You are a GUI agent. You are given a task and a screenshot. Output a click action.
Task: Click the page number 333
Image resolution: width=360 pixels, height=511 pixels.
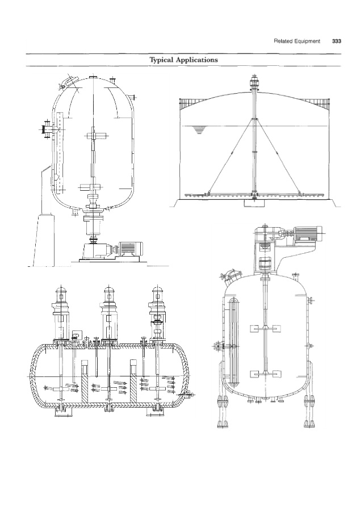[x=337, y=41]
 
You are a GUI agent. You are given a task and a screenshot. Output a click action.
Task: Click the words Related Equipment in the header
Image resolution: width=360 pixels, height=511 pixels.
[x=297, y=41]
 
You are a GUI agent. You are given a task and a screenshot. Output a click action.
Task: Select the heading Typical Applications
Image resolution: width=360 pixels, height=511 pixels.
[x=183, y=60]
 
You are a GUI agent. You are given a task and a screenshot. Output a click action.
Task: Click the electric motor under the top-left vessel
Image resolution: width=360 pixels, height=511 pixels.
[x=130, y=249]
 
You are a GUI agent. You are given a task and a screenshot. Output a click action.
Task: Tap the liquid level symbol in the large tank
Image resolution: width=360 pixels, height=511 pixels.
[x=199, y=131]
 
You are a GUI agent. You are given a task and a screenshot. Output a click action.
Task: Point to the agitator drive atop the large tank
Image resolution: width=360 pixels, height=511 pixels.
[x=254, y=82]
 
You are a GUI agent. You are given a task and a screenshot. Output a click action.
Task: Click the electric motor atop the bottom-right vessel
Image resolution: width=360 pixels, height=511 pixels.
[x=306, y=233]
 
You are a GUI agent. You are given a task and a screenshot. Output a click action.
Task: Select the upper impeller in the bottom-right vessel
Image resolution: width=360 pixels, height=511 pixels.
[x=265, y=329]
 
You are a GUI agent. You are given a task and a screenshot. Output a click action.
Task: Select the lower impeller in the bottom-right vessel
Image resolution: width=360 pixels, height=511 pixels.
[x=265, y=374]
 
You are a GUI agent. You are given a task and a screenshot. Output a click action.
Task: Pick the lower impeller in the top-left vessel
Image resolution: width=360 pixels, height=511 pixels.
[x=91, y=187]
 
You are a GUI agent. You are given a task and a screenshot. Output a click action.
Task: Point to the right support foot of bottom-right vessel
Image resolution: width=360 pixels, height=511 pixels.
[x=309, y=411]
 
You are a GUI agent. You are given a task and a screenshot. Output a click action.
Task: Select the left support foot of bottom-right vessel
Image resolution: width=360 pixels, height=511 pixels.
[x=223, y=411]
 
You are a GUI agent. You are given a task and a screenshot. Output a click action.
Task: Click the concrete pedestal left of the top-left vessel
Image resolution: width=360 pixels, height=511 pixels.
[x=43, y=240]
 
